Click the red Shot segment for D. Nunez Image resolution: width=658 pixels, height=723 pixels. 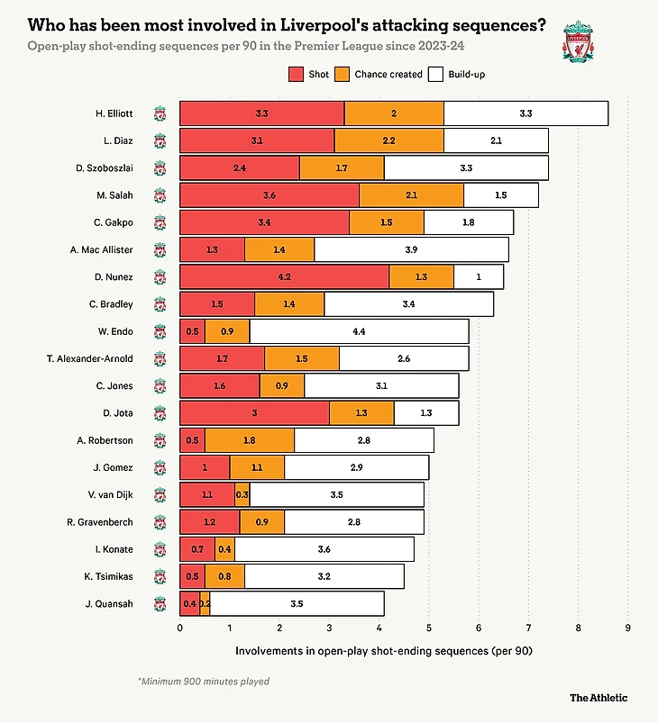(284, 276)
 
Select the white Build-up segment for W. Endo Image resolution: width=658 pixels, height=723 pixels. (359, 331)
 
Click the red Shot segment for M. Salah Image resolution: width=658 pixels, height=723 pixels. (269, 195)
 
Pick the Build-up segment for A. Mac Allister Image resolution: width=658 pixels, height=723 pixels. (411, 249)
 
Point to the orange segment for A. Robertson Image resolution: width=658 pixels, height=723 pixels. (249, 440)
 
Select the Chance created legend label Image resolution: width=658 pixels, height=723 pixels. (388, 74)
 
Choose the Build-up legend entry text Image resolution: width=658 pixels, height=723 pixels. (466, 74)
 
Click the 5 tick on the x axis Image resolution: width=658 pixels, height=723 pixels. (429, 628)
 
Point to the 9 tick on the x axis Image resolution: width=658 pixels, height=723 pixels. (627, 628)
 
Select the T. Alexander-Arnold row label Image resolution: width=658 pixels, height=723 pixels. (89, 358)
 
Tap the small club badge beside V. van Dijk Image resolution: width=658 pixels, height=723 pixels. (160, 495)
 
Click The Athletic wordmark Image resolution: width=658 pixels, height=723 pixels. (599, 697)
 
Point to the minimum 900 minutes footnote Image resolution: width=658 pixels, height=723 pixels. (203, 682)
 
